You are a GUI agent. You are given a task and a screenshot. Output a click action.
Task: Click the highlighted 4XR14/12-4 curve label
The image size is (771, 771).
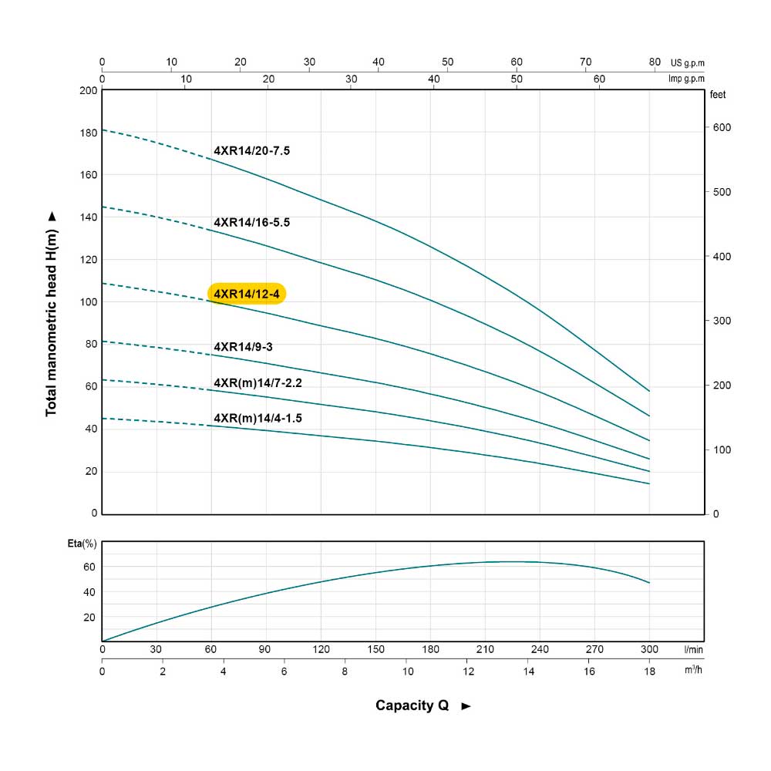(247, 294)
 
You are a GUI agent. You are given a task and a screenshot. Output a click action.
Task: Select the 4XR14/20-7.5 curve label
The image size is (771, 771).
(251, 151)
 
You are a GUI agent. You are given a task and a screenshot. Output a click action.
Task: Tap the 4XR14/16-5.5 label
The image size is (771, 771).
(251, 223)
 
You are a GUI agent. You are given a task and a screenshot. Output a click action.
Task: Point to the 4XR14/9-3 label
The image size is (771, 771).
(243, 347)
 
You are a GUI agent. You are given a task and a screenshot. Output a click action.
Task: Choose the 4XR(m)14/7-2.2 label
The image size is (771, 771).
(262, 382)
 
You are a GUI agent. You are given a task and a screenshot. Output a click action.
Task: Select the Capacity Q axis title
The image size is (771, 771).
(412, 705)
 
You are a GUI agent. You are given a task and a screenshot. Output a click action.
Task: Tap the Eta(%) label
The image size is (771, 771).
(82, 544)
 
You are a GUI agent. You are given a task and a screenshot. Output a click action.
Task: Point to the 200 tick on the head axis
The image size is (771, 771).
(88, 90)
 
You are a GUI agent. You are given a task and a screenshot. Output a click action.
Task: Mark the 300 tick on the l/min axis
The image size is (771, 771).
(649, 650)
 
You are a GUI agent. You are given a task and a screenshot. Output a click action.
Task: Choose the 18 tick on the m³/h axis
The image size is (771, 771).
(649, 672)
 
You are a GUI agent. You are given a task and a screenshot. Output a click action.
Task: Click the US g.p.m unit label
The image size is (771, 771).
(688, 63)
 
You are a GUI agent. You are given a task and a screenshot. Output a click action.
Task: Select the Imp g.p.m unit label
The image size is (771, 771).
(688, 79)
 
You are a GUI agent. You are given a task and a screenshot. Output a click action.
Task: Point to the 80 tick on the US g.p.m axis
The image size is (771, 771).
(655, 62)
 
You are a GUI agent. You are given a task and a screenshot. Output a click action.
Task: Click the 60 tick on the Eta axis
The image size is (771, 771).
(89, 567)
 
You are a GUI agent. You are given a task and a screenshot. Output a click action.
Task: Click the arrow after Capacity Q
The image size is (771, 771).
(466, 706)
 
